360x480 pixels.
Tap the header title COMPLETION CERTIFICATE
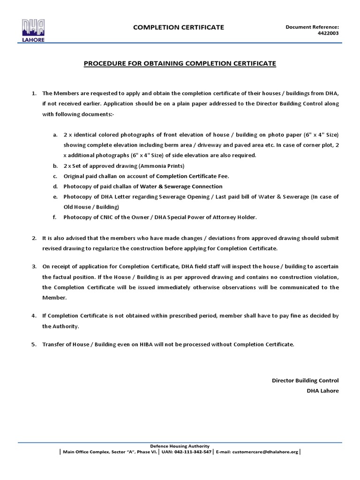point(179,27)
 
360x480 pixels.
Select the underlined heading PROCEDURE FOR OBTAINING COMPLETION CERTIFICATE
point(180,63)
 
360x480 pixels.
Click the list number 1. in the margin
point(34,93)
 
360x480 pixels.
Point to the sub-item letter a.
point(55,135)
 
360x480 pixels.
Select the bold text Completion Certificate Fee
point(192,176)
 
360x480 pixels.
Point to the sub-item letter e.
point(55,197)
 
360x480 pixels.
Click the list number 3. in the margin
point(34,266)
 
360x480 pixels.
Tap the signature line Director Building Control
point(305,380)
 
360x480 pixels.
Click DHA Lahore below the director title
point(322,390)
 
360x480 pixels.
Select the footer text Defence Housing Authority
point(180,446)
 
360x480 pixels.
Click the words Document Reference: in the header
point(312,27)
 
